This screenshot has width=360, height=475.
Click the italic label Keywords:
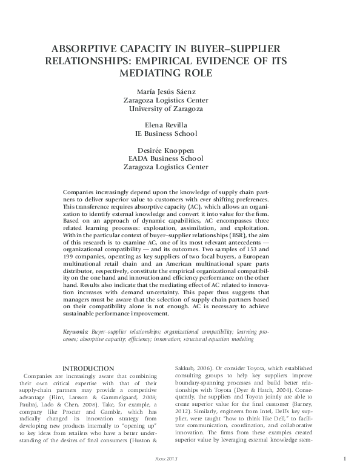[x=76, y=332]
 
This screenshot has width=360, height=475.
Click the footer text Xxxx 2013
[x=180, y=460]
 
